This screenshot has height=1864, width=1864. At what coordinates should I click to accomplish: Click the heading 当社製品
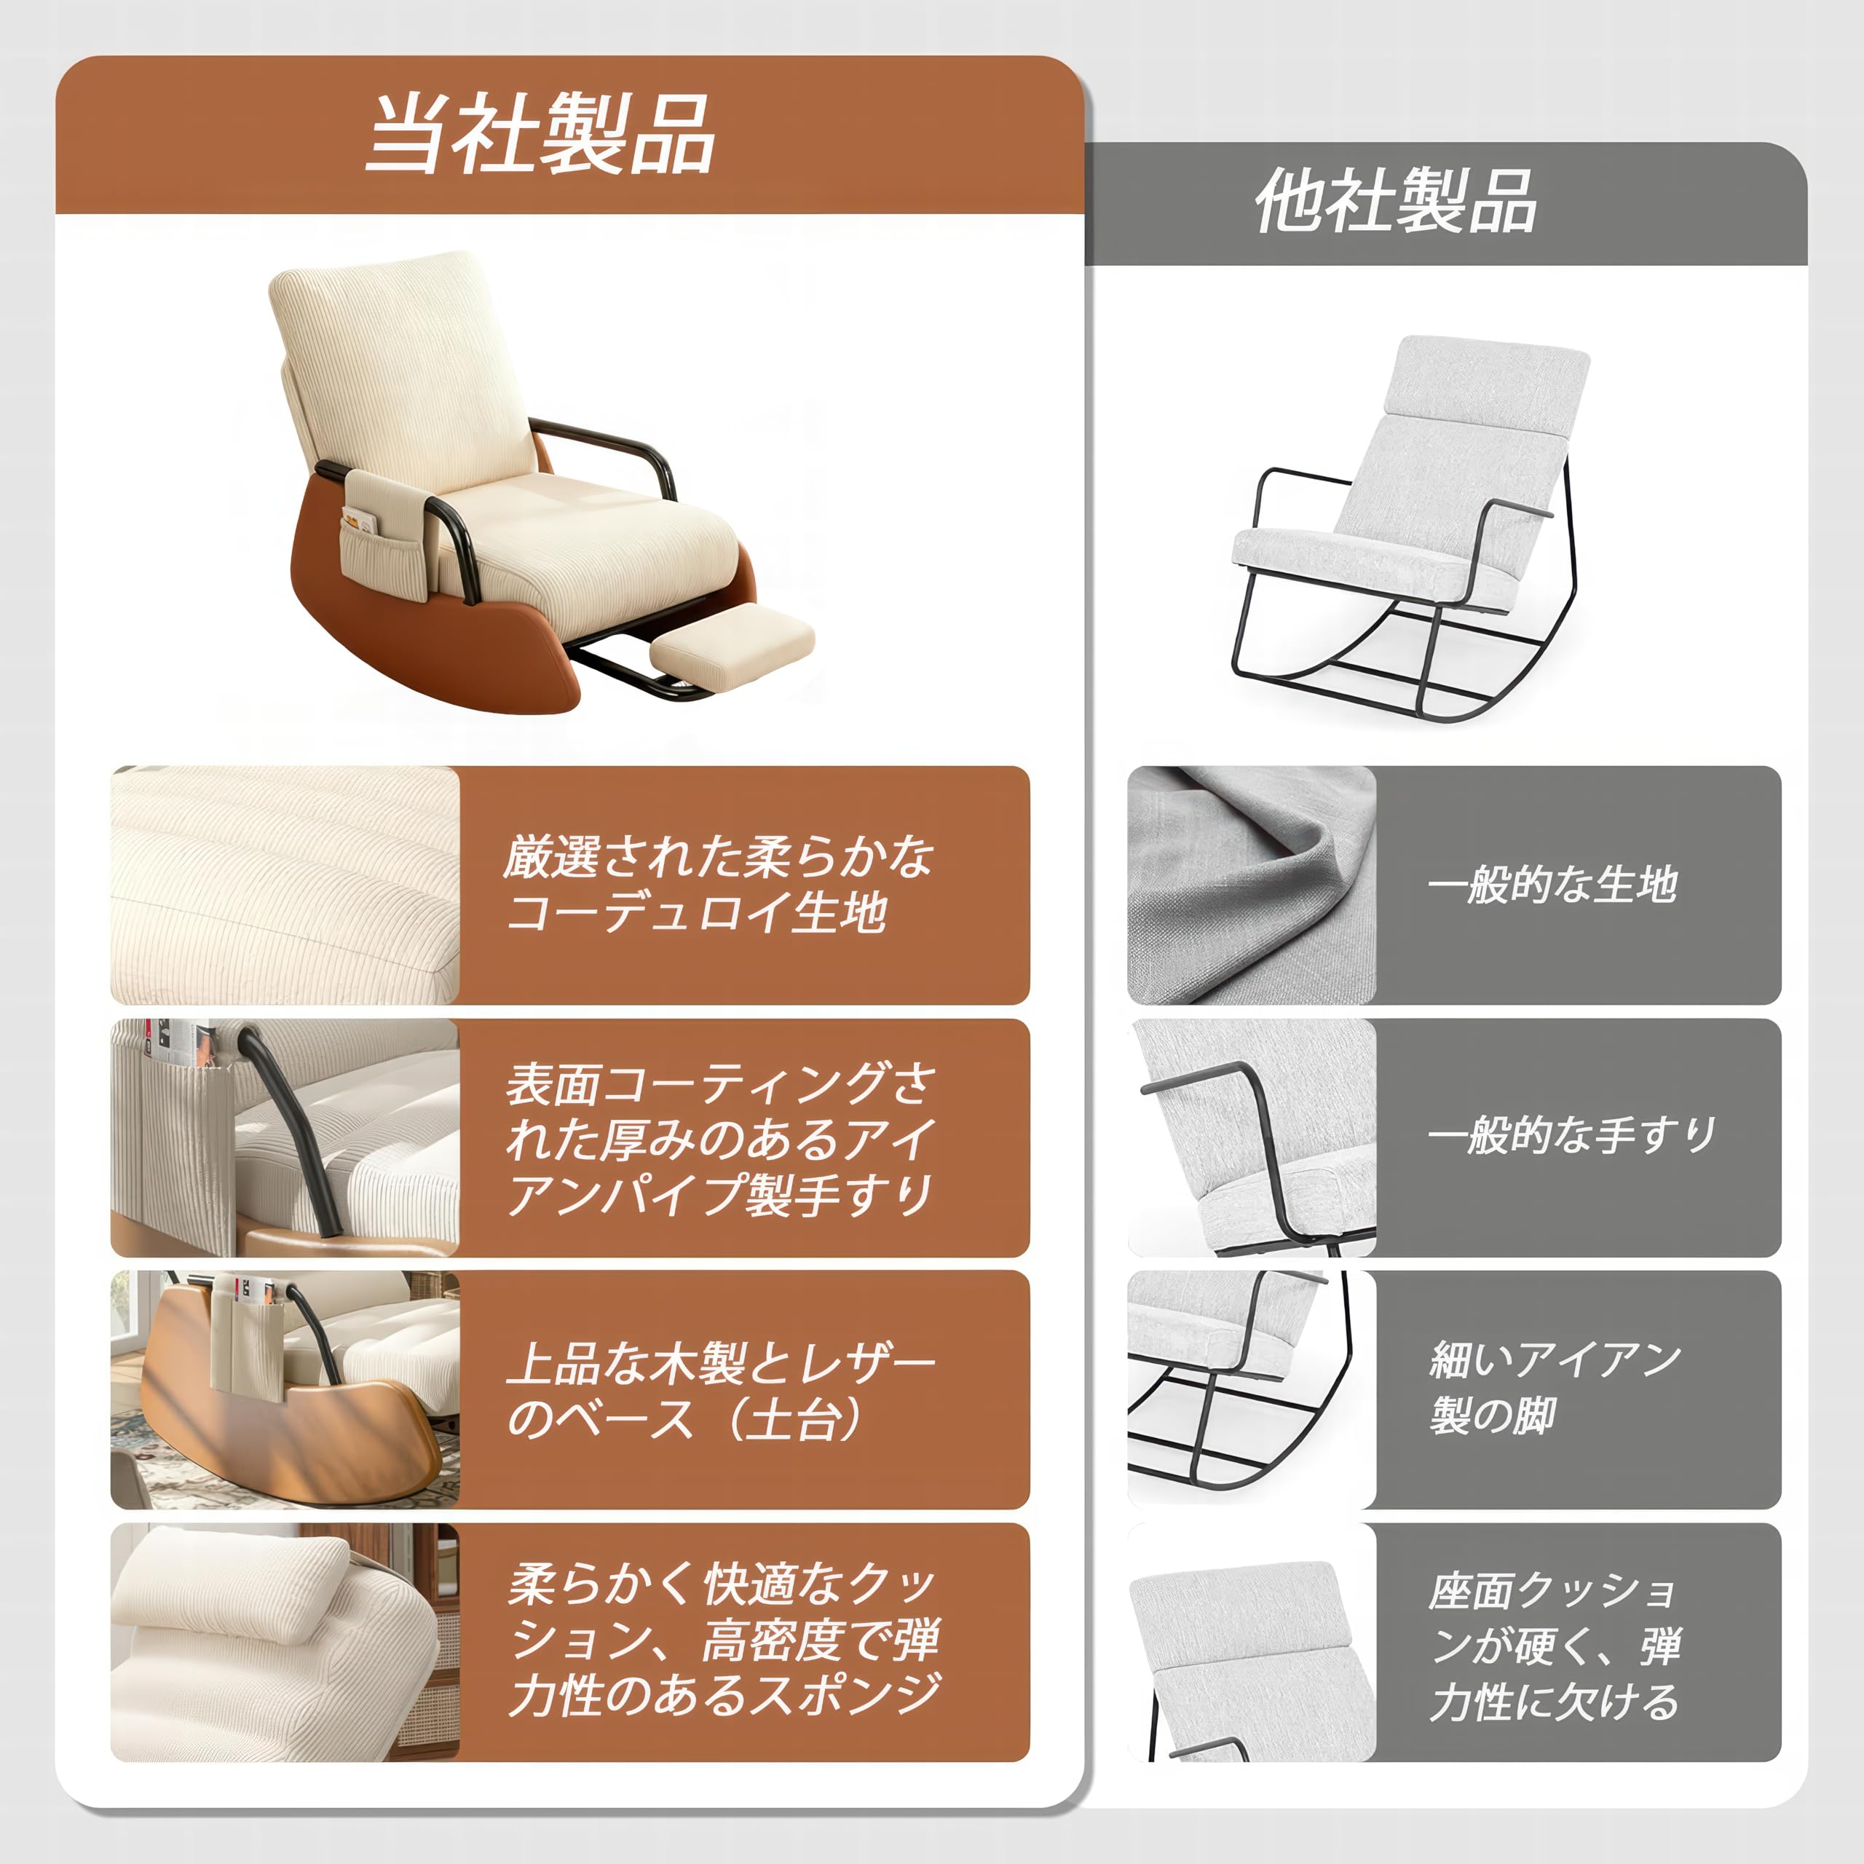coord(540,135)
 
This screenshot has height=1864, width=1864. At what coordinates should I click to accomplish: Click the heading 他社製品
coord(1395,202)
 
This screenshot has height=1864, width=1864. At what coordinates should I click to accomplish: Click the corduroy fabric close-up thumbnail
coord(285,885)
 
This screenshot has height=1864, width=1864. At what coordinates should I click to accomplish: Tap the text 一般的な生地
coord(1552,885)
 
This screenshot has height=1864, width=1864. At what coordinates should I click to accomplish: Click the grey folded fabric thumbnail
coord(1252,885)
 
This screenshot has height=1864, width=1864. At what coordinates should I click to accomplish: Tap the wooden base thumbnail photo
coord(285,1389)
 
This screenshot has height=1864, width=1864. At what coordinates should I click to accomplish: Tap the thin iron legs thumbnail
coord(1252,1389)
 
